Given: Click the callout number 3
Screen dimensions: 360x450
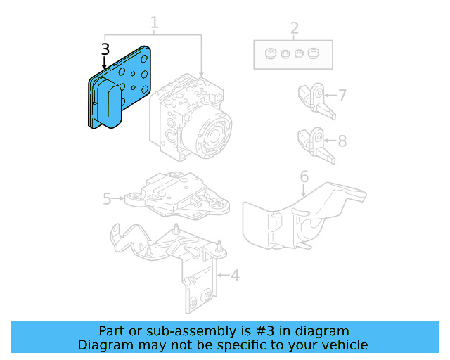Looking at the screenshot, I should [105, 49].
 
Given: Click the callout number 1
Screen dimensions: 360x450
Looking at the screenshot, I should [154, 22].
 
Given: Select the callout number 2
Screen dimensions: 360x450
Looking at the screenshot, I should [294, 28].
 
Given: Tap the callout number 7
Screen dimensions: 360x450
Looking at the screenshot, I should [342, 94].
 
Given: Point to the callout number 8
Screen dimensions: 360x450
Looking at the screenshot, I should [342, 141].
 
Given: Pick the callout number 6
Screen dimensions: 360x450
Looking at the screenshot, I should [304, 176].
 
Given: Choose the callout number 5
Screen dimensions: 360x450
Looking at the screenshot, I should [107, 199].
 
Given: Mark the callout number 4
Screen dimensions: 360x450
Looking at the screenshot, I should [235, 275].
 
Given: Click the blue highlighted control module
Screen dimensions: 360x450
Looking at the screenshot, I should [120, 88].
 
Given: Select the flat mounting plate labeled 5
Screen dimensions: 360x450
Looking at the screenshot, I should [176, 193].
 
